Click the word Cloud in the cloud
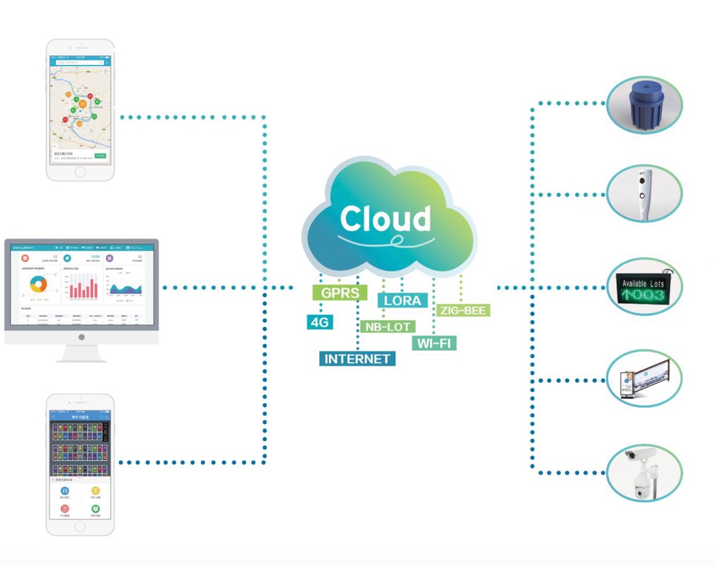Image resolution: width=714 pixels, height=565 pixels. click(x=385, y=219)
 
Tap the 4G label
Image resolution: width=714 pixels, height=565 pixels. click(x=319, y=323)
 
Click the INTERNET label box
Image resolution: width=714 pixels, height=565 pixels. click(x=357, y=359)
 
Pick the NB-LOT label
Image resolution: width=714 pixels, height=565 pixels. click(x=387, y=326)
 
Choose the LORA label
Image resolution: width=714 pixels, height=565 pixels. click(x=402, y=300)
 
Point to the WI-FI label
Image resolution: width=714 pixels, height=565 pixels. click(x=434, y=343)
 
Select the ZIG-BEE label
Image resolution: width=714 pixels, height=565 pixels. click(x=463, y=310)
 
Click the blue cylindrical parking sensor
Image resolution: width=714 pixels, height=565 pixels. click(x=646, y=105)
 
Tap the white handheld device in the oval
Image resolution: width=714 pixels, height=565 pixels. click(x=644, y=194)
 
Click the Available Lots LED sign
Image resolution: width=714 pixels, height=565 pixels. click(x=643, y=287)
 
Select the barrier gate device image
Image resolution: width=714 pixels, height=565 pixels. click(x=644, y=378)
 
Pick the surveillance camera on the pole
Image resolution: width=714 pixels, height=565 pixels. click(x=643, y=472)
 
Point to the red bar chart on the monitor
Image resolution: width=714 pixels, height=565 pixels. click(x=83, y=286)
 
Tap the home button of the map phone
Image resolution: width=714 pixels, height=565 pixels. click(x=80, y=172)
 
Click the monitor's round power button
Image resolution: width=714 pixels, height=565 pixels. click(x=81, y=337)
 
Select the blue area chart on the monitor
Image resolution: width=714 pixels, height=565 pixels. click(x=125, y=288)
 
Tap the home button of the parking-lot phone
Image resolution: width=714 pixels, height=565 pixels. click(x=80, y=527)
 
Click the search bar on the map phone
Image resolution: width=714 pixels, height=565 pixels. click(x=79, y=63)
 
